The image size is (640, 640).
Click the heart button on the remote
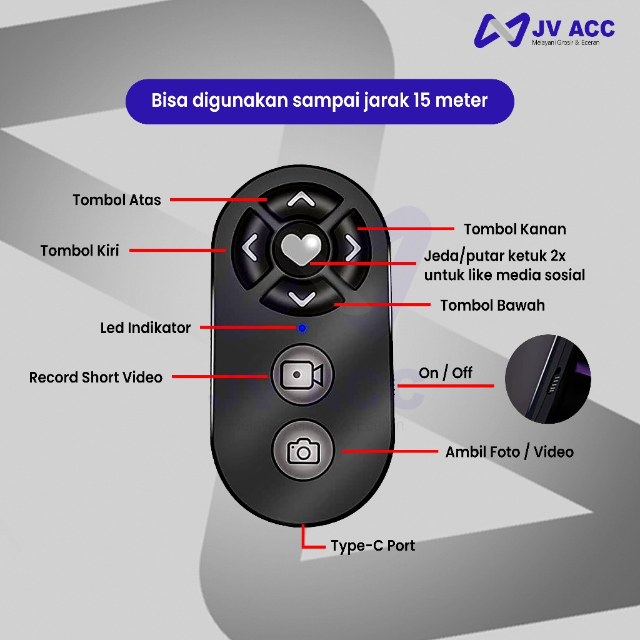click(x=301, y=248)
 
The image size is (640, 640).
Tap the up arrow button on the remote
click(x=301, y=199)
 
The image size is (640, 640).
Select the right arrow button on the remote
click(x=352, y=247)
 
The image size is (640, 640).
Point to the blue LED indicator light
click(x=302, y=327)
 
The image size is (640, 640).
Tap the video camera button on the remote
click(x=302, y=375)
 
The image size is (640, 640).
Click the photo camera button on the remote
click(x=303, y=450)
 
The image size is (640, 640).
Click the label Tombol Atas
click(x=117, y=200)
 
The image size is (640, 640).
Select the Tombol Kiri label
click(x=79, y=251)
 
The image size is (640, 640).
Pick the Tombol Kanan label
click(x=515, y=229)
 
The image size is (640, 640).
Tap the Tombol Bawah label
click(x=492, y=305)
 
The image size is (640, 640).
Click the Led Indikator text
click(x=145, y=327)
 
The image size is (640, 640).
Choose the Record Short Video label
click(x=96, y=377)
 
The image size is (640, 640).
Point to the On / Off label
click(x=445, y=373)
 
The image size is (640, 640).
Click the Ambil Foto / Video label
click(x=509, y=452)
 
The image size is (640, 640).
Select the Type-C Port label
click(x=372, y=546)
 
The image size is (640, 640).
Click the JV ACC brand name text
click(x=573, y=29)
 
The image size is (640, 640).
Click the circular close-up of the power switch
click(x=547, y=379)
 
